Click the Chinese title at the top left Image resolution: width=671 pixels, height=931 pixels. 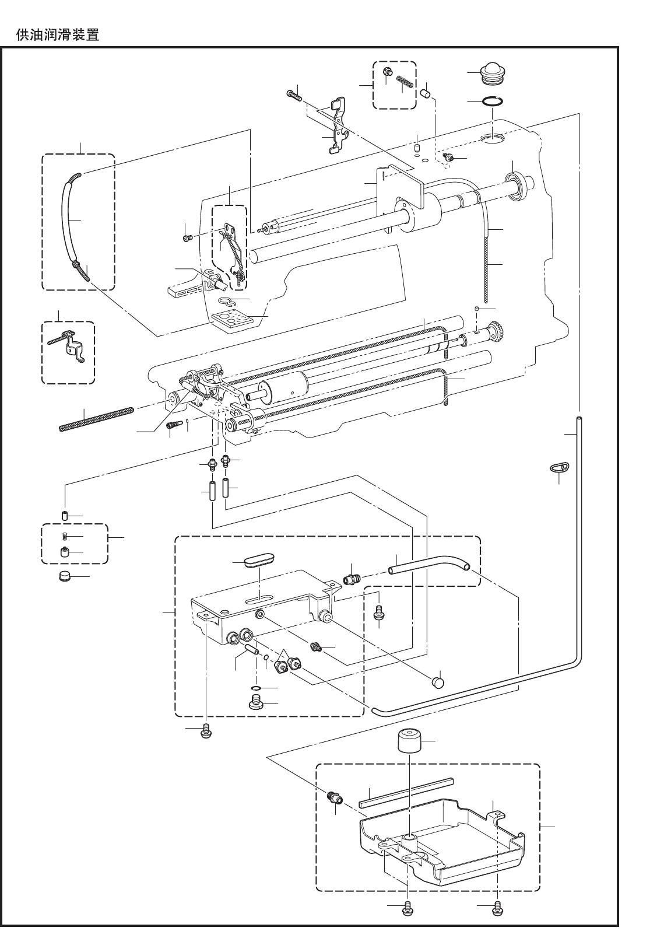pyautogui.click(x=57, y=35)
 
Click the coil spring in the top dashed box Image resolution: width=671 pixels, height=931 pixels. pyautogui.click(x=405, y=84)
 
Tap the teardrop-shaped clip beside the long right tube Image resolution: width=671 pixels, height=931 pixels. pyautogui.click(x=559, y=467)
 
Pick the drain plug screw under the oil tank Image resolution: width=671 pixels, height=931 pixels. pyautogui.click(x=255, y=703)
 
